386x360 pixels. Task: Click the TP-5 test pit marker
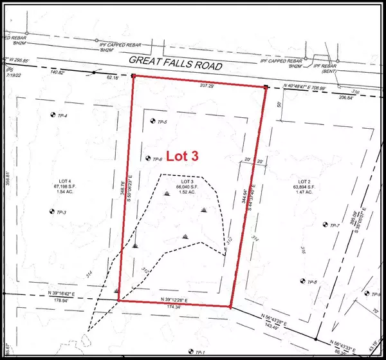pyautogui.click(x=152, y=121)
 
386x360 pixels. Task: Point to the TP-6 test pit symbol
pyautogui.click(x=148, y=158)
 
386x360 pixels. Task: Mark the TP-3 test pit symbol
pyautogui.click(x=51, y=211)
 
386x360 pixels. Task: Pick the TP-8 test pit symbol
pyautogui.click(x=302, y=281)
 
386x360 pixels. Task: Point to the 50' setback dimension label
pyautogui.click(x=279, y=102)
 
